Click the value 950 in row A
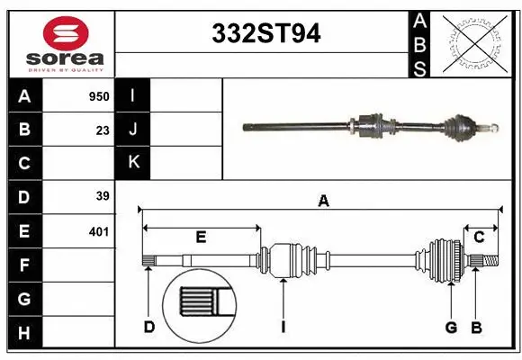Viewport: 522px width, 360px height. pos(98,96)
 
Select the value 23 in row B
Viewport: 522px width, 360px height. pos(103,130)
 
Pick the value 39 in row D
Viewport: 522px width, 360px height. pos(103,195)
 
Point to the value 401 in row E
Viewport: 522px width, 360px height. pos(98,231)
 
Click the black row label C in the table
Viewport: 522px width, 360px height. pos(24,163)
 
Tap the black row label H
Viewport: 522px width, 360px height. pos(24,334)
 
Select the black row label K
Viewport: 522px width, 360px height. pos(133,163)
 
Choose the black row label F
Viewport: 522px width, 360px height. pos(24,265)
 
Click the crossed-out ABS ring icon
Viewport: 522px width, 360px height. pos(477,41)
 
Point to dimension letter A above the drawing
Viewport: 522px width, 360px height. pos(323,202)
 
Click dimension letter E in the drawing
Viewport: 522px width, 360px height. pos(201,238)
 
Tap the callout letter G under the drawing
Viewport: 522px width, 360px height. pos(451,327)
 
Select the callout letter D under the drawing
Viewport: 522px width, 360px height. pos(149,327)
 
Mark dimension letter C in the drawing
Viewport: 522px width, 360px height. pos(480,237)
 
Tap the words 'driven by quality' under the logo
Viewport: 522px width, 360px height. pos(66,67)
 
